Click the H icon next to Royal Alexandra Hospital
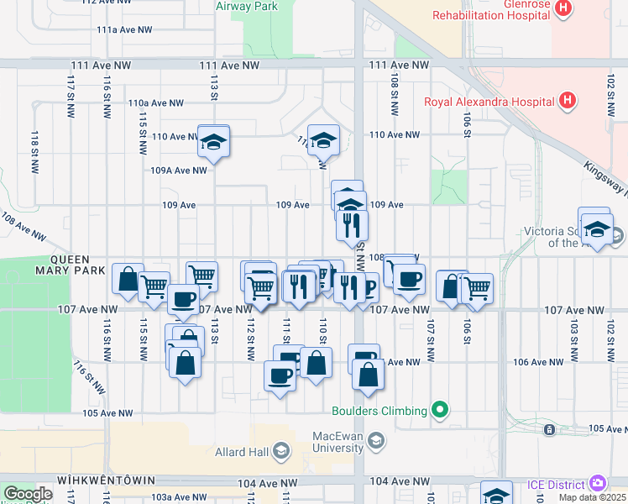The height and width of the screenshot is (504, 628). [568, 102]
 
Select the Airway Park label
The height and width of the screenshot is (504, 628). [247, 6]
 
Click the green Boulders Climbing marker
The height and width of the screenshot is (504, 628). [439, 411]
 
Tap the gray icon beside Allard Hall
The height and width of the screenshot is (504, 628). [280, 453]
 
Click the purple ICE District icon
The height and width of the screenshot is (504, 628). [597, 483]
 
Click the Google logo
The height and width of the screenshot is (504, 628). [28, 493]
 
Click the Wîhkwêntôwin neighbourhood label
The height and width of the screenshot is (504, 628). [106, 480]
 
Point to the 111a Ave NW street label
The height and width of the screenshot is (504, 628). [124, 29]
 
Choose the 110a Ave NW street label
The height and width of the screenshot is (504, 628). [155, 102]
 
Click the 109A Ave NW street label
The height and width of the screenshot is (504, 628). [178, 170]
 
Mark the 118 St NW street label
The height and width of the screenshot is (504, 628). [34, 149]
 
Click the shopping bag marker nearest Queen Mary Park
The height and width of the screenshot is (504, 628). [128, 279]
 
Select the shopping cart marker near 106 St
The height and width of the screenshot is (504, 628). [478, 288]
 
